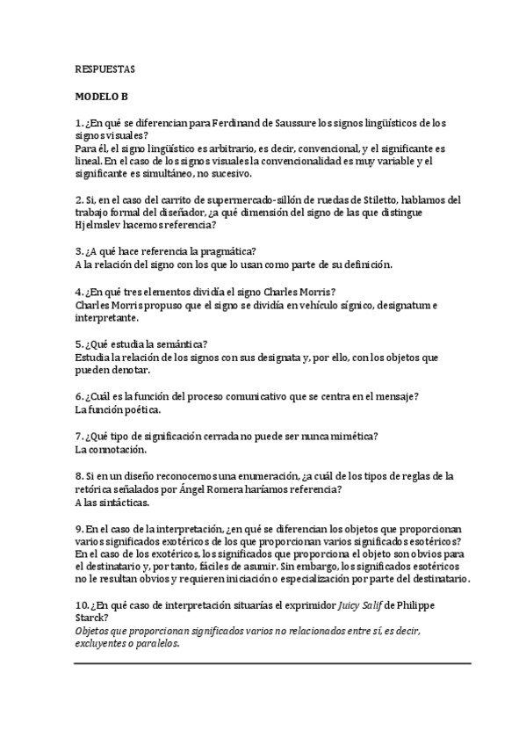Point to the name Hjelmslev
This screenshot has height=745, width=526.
(x=104, y=225)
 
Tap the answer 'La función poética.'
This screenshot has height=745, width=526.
(x=119, y=410)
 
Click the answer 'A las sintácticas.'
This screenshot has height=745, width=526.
(x=112, y=503)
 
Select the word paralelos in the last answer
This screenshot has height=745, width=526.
(x=156, y=644)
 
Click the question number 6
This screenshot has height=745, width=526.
(x=79, y=397)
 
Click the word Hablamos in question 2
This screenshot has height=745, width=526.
(x=418, y=199)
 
